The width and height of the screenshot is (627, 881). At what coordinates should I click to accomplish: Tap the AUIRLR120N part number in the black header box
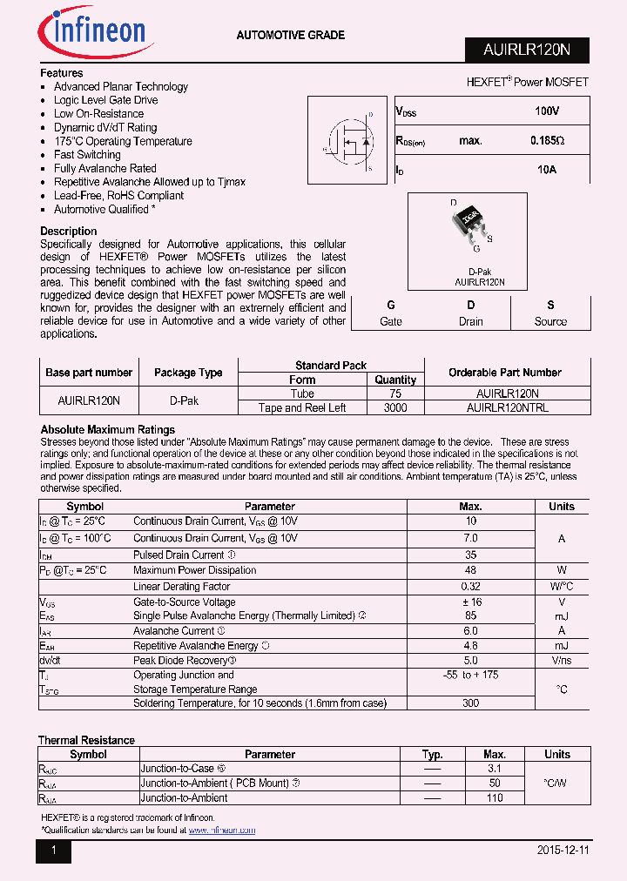(526, 50)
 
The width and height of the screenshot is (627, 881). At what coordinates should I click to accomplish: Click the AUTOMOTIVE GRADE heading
(291, 36)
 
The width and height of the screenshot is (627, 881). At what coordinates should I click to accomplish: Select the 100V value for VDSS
(547, 112)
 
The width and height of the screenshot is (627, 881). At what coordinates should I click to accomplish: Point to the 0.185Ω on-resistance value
(547, 141)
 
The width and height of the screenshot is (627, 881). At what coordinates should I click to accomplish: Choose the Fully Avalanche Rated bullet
(105, 169)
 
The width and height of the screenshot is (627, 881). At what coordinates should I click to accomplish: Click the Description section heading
(69, 232)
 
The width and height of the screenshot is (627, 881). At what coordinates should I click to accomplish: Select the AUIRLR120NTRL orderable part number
(507, 407)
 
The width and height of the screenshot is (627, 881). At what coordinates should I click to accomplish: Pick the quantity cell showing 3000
(394, 407)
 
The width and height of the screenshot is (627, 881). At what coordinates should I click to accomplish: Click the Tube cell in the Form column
(302, 393)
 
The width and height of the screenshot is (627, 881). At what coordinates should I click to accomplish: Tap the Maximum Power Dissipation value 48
(470, 570)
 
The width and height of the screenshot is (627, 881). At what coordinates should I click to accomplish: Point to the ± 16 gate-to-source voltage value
(470, 602)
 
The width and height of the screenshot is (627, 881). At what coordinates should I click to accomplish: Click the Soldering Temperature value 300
(470, 703)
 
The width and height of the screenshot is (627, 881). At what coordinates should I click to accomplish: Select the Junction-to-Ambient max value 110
(494, 797)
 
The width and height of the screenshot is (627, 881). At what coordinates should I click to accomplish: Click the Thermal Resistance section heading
(86, 741)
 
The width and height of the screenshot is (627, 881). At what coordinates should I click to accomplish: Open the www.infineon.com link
(222, 831)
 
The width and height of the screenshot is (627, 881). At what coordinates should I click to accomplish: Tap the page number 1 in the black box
(52, 851)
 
